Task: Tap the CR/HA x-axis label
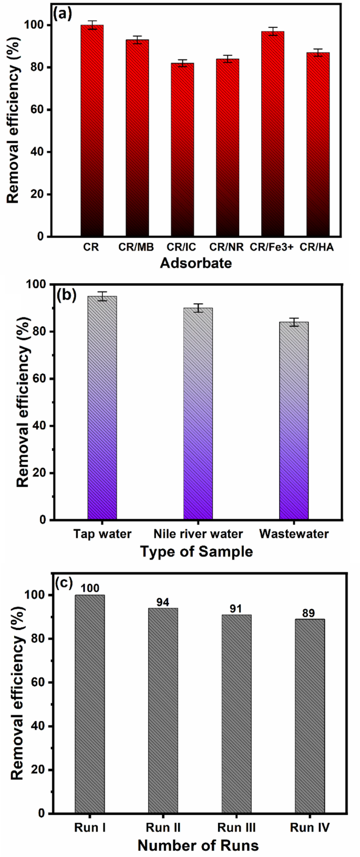tap(317, 247)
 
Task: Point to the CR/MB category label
tap(136, 247)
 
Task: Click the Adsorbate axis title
tap(196, 263)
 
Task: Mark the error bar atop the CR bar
tap(92, 25)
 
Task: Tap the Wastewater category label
tap(294, 534)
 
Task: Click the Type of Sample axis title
tap(196, 552)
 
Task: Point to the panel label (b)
tap(66, 295)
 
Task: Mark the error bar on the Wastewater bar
tap(294, 322)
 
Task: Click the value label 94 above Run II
tap(163, 602)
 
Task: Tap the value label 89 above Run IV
tap(310, 613)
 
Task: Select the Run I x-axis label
tap(90, 828)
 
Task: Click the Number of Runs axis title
tap(198, 845)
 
